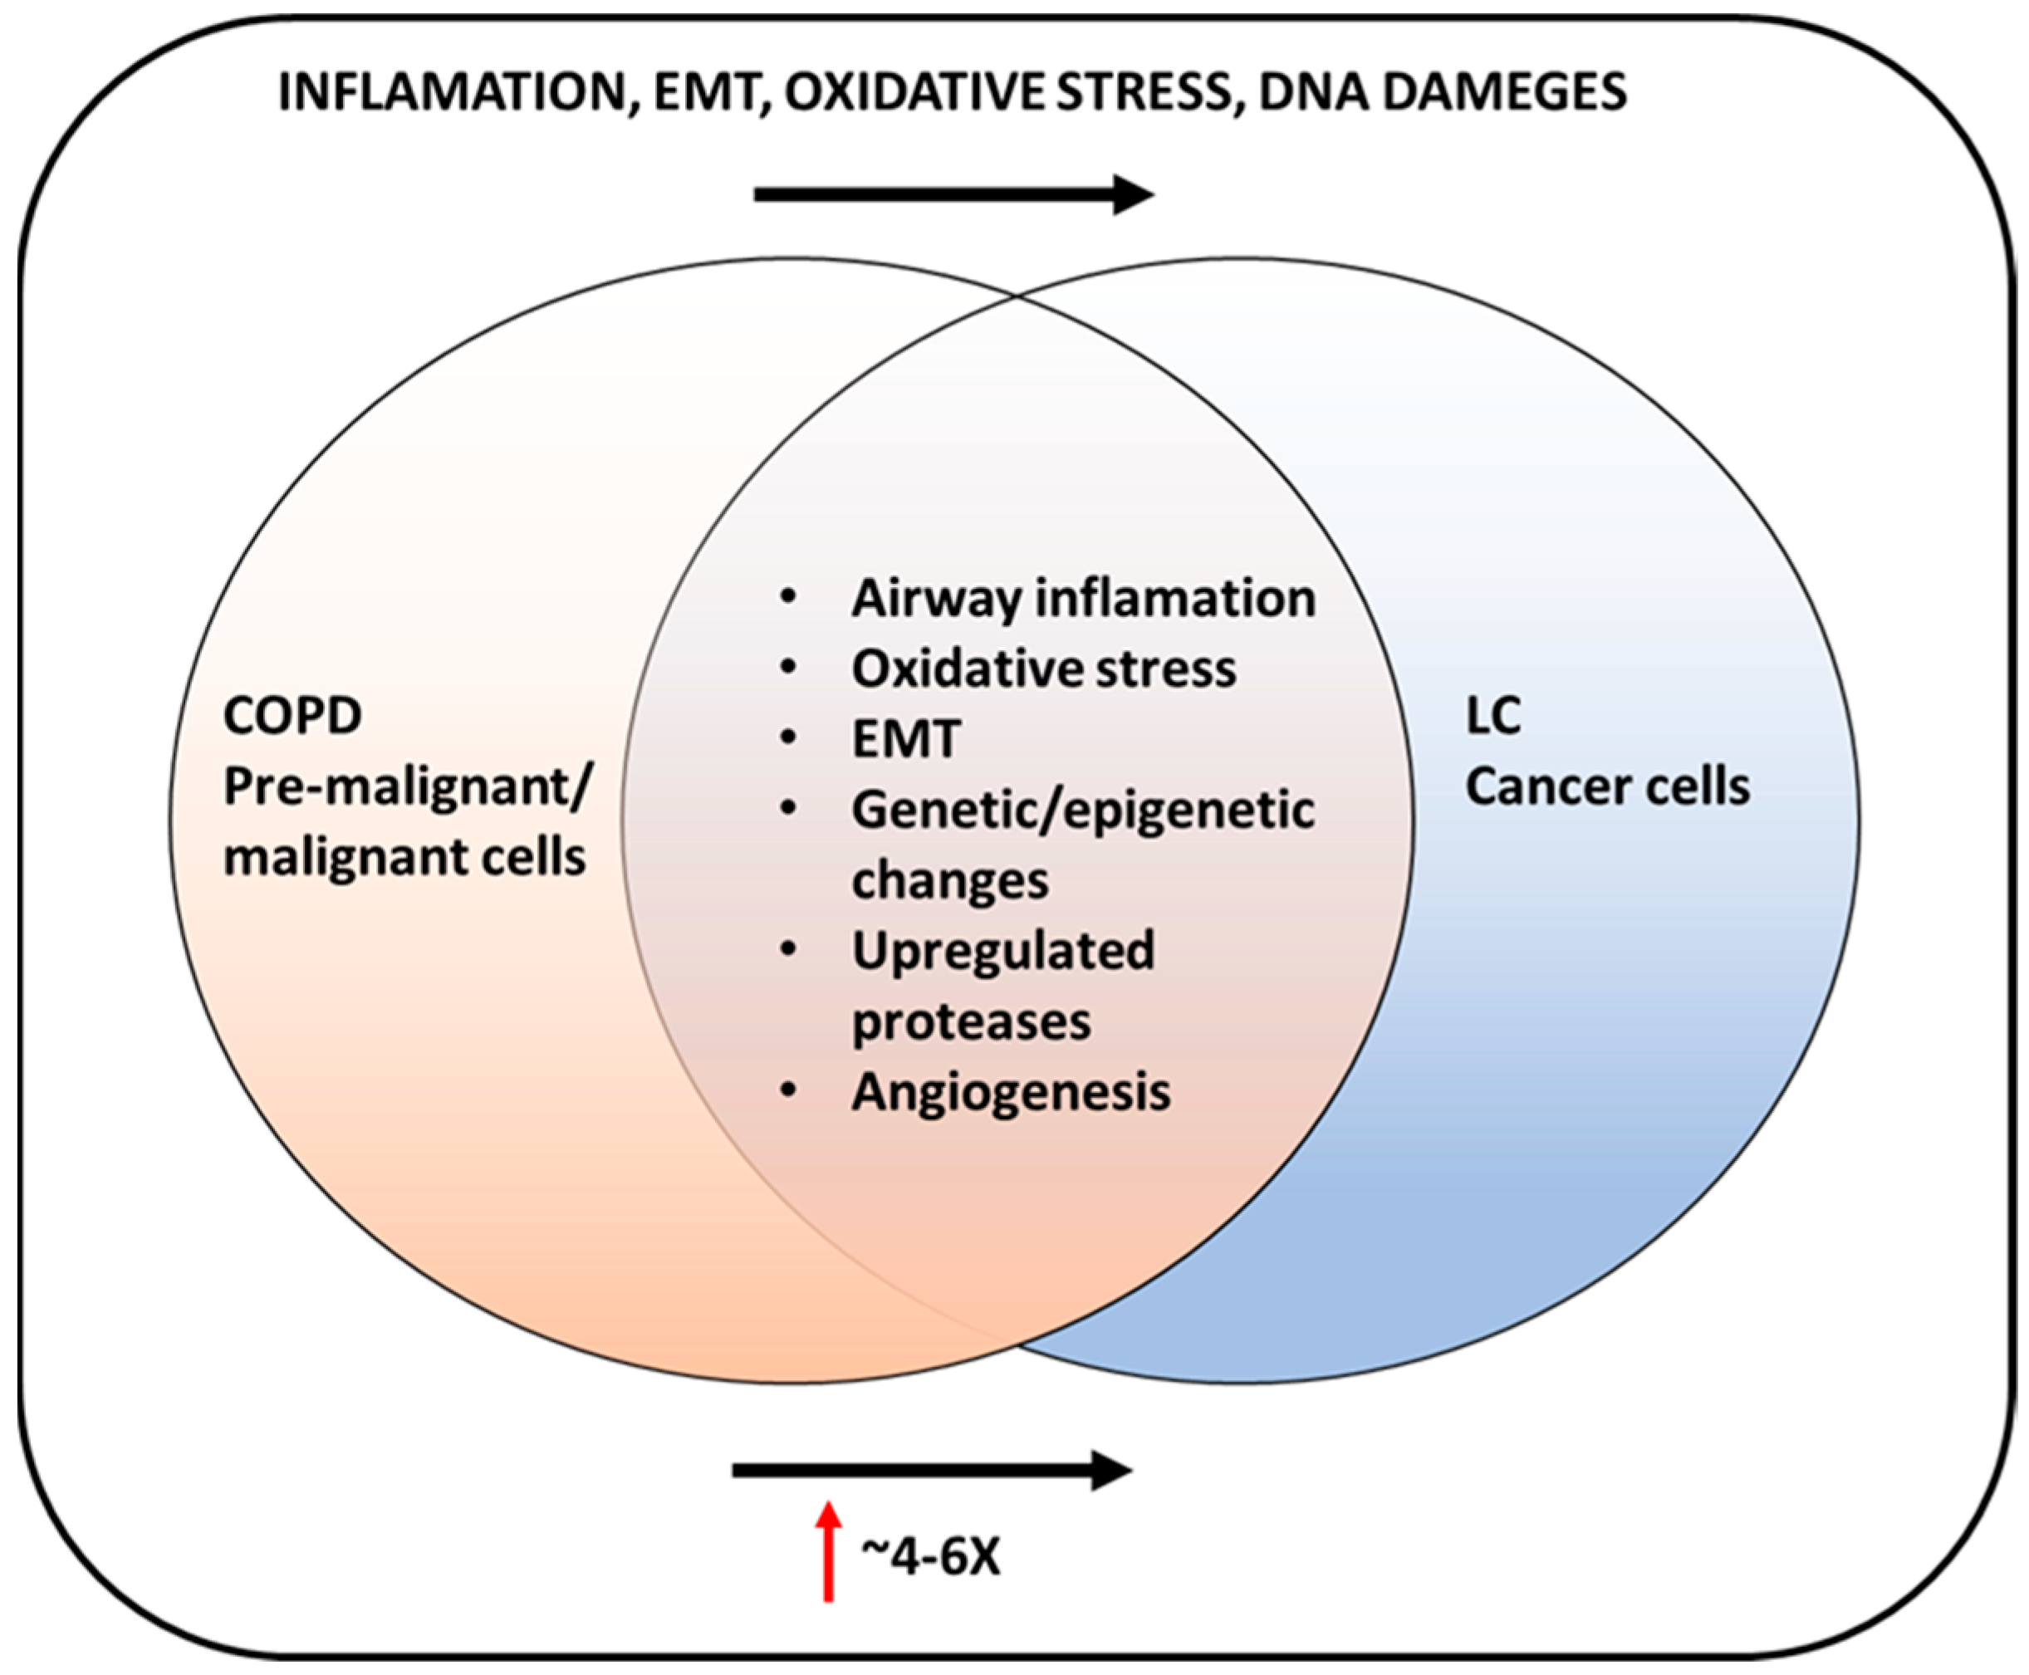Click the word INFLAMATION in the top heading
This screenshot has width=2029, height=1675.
pos(452,94)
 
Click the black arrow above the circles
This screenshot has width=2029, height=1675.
pos(953,195)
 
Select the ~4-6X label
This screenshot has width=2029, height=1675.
pos(931,1556)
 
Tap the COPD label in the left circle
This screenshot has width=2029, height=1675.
pos(292,716)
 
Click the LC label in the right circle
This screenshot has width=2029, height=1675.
pos(1492,716)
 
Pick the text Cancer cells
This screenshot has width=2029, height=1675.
pos(1607,786)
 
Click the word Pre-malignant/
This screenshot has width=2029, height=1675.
pos(406,787)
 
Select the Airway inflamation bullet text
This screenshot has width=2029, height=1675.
pos(1082,598)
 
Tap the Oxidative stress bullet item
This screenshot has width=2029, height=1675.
pos(1043,669)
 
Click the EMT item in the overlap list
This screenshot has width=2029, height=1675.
pos(906,739)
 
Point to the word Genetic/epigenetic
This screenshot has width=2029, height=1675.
pos(1082,810)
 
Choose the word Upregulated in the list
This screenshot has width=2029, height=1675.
pos(1002,950)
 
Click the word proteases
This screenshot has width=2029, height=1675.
pos(971,1021)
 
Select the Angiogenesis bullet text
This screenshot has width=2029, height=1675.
pos(1010,1092)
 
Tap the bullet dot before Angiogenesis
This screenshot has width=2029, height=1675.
pos(789,1090)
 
